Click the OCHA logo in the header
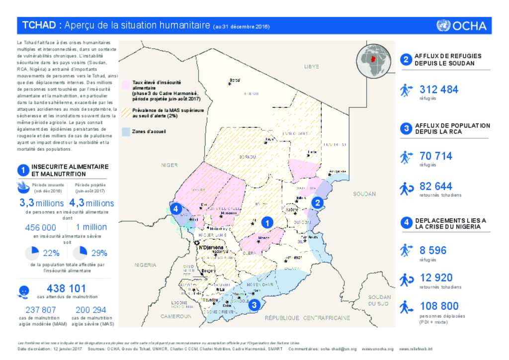click(x=461, y=26)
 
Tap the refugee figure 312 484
click(x=439, y=90)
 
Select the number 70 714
click(x=436, y=156)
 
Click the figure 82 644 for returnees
click(x=436, y=186)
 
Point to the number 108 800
click(x=439, y=306)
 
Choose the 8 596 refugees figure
click(x=433, y=250)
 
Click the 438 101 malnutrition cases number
click(x=66, y=288)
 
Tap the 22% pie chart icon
click(x=31, y=253)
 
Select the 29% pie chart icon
click(x=79, y=253)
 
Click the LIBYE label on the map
click(x=312, y=66)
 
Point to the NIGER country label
click(x=169, y=164)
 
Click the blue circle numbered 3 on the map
click(x=254, y=305)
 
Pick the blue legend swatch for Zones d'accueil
click(x=126, y=132)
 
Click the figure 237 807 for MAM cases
click(x=41, y=310)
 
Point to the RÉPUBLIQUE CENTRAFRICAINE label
click(x=307, y=318)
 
